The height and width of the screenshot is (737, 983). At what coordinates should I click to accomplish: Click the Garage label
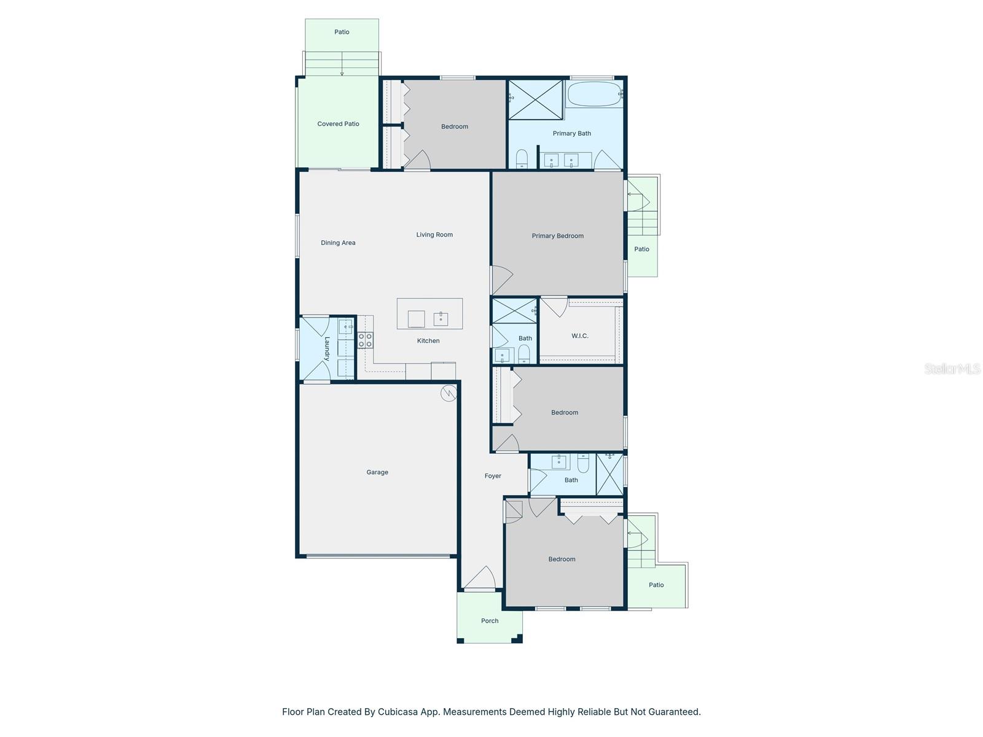tap(377, 472)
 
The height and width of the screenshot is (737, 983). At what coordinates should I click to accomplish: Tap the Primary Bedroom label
tap(557, 236)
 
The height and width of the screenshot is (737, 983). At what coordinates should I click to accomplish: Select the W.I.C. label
tap(579, 336)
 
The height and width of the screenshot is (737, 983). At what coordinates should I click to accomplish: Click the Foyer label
tap(493, 476)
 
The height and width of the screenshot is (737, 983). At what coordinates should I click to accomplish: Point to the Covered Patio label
tap(338, 124)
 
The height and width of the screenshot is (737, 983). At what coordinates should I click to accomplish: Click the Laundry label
tap(327, 348)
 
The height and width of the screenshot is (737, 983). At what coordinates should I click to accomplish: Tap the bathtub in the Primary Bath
tap(593, 95)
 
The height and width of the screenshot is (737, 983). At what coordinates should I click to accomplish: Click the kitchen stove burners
tap(365, 340)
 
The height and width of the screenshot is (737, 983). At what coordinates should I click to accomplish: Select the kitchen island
tap(429, 314)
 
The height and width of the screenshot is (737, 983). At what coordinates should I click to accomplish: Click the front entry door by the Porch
tap(480, 579)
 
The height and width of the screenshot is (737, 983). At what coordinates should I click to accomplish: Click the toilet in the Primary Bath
tap(522, 158)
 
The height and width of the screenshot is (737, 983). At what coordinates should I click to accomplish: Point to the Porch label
tap(490, 621)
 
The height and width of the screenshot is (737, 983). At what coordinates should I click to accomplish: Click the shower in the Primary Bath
tap(535, 99)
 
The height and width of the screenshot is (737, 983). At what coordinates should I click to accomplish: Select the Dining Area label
tap(338, 243)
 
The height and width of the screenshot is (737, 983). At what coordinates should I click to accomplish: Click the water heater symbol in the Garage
tap(449, 393)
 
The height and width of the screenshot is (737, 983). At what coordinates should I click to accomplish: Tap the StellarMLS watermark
tap(952, 369)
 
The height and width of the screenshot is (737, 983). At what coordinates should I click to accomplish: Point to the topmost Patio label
tap(342, 32)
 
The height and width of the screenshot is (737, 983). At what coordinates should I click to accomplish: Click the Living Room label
tap(434, 235)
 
